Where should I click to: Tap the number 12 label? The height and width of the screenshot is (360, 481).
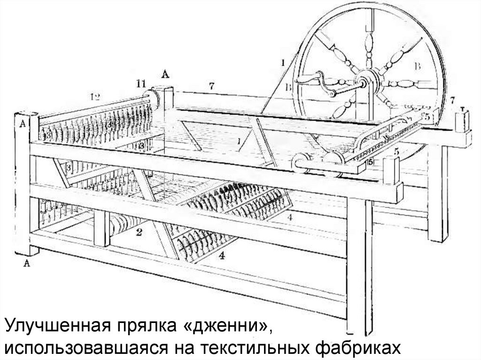point(95,97)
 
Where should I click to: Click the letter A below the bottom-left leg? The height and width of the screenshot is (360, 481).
point(27,264)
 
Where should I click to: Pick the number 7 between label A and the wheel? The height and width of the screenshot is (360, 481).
point(212,86)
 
